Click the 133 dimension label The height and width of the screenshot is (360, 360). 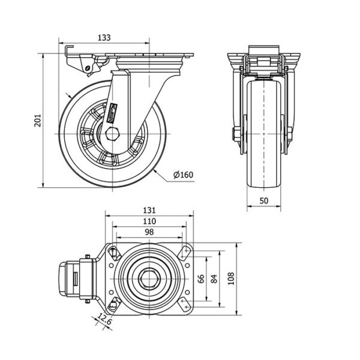tap(104, 38)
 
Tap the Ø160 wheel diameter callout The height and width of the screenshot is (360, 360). tap(183, 175)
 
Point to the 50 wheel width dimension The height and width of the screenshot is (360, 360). tap(263, 201)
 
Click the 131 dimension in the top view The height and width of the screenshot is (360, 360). tap(149, 210)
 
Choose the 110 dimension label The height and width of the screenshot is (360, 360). tap(149, 221)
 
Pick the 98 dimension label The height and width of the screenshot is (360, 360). tap(149, 232)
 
